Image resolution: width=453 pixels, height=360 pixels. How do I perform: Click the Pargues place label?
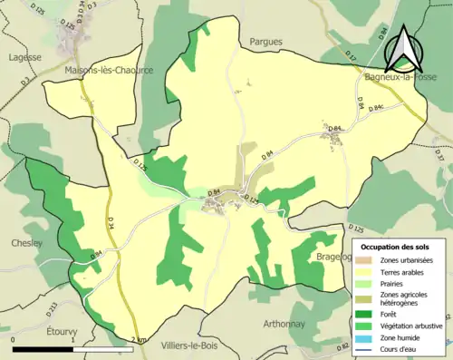tap(265, 42)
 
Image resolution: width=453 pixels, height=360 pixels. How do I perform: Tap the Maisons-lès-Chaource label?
tap(110, 69)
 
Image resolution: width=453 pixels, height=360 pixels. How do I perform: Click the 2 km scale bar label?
tap(138, 340)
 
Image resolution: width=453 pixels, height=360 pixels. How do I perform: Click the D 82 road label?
tap(342, 346)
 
